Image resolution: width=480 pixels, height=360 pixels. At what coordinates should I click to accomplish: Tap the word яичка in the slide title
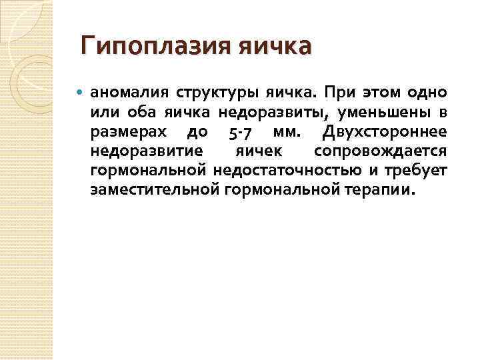coord(275,47)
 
